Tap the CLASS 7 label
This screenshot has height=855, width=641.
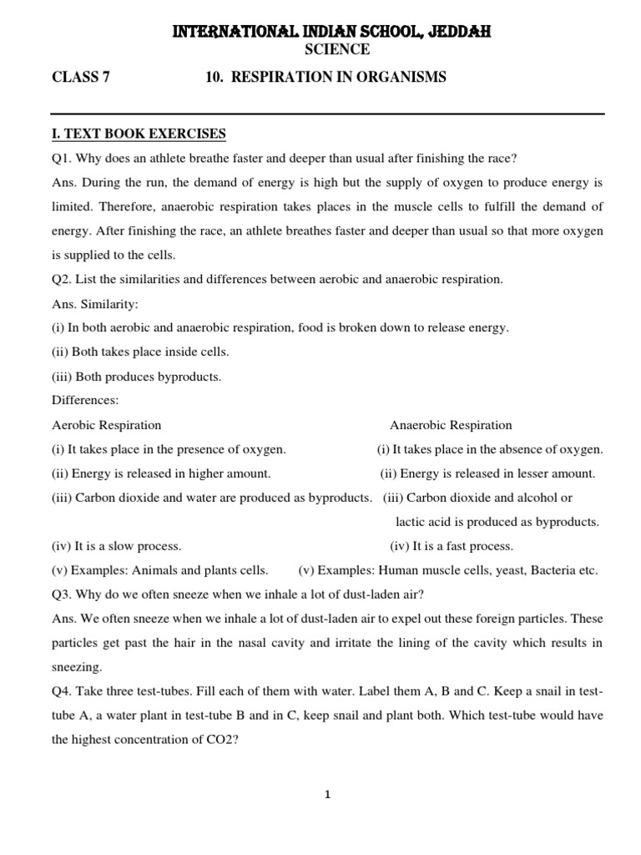(80, 78)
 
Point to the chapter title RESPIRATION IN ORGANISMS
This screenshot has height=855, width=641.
(338, 78)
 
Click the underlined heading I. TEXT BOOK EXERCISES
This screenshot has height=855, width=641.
(139, 134)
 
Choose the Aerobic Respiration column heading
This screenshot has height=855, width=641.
(106, 425)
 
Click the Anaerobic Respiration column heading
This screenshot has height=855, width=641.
(451, 425)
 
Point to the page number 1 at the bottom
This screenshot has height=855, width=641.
(328, 794)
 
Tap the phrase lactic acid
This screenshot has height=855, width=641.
(423, 522)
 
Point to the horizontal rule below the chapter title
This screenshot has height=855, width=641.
(328, 113)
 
